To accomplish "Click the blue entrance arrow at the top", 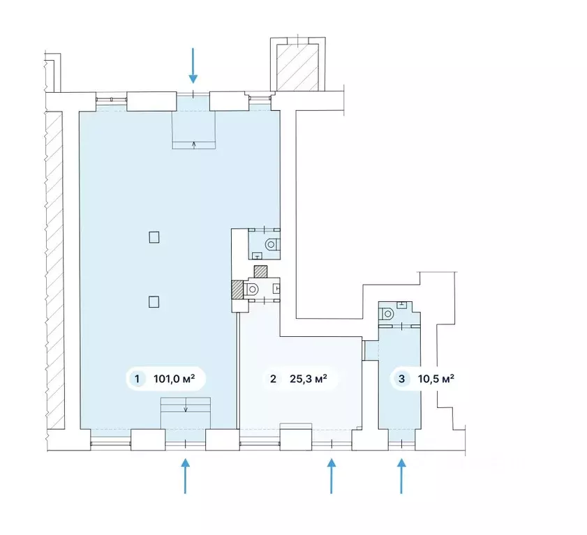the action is tap(193, 66).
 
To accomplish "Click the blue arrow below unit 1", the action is tap(185, 476).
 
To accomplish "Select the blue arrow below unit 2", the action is tap(332, 476).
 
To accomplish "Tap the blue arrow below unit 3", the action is tap(401, 476).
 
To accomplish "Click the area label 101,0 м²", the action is tap(174, 379).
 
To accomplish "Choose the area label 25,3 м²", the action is tap(309, 379).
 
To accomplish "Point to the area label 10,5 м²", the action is tap(436, 379).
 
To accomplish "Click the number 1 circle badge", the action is tap(137, 379).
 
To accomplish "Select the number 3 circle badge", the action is tap(402, 379).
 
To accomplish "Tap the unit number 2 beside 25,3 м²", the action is tap(274, 379).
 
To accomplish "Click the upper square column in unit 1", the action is tap(154, 237).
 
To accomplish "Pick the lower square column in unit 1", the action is tap(154, 301).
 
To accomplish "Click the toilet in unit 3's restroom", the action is tap(386, 313).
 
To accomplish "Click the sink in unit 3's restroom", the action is tap(402, 304).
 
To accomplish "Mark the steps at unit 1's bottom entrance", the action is tap(185, 413).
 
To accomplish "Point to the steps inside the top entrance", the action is tap(194, 130).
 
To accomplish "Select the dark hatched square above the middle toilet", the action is tap(261, 271).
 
